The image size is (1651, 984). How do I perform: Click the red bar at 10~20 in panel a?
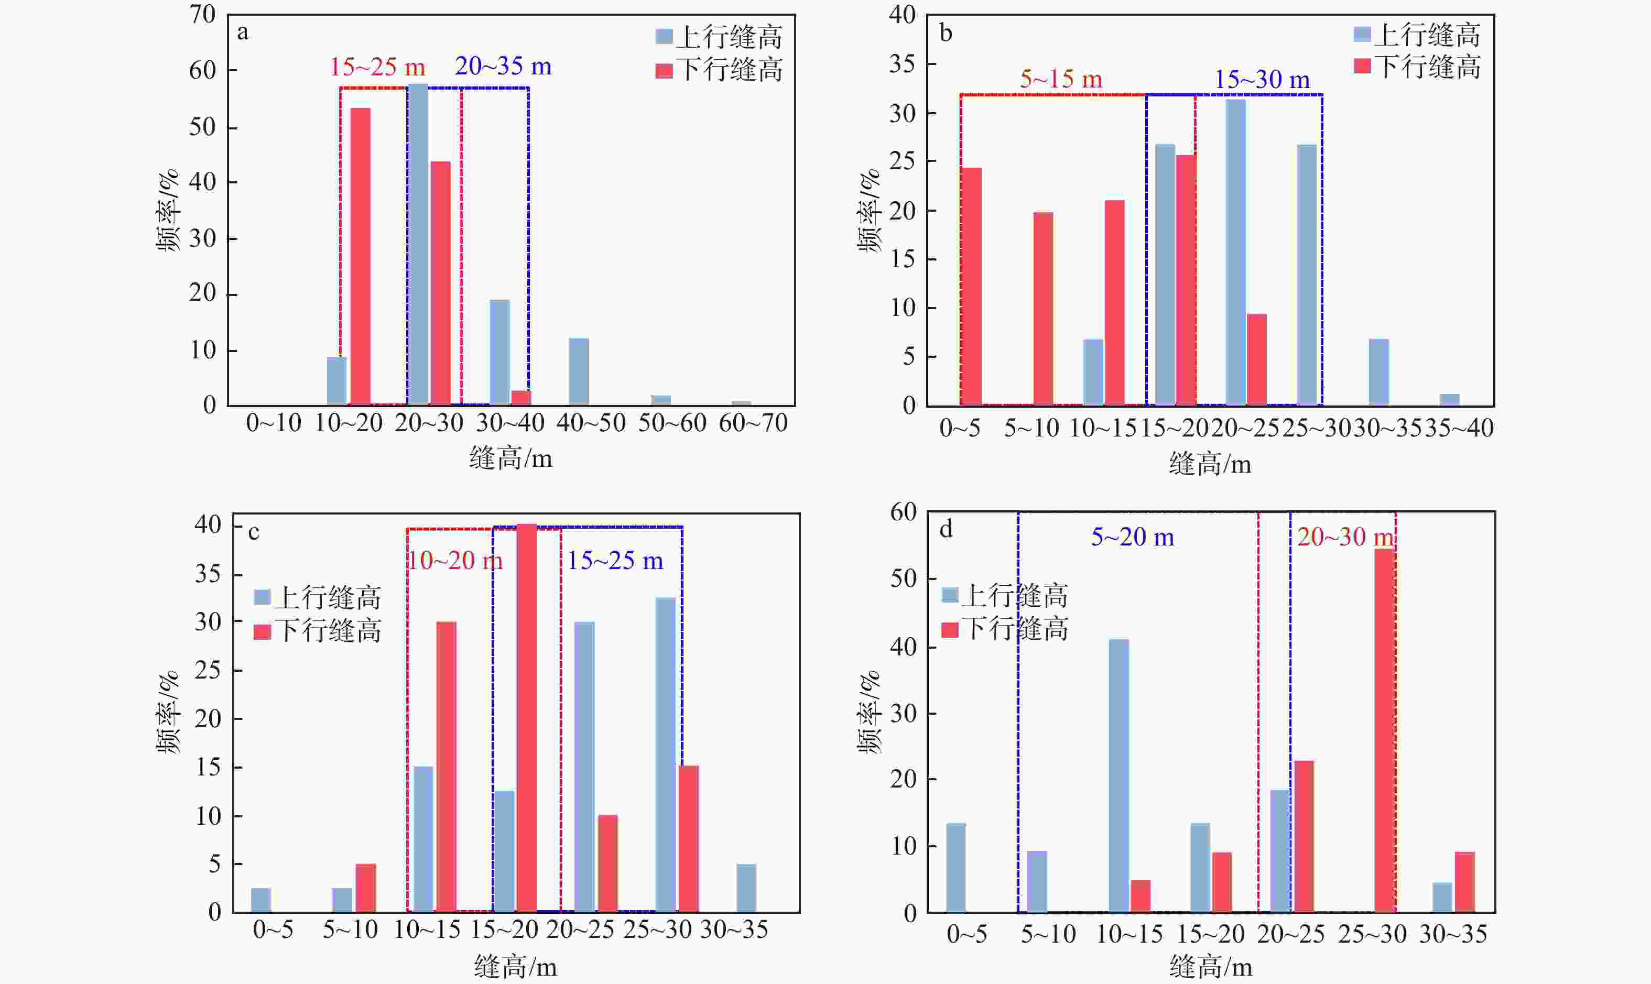(x=360, y=256)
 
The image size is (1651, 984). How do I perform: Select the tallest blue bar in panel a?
(x=418, y=244)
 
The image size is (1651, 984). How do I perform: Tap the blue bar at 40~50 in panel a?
(x=579, y=371)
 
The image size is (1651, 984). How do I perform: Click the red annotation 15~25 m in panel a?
(x=377, y=67)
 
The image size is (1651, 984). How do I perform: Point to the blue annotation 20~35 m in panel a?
(x=503, y=67)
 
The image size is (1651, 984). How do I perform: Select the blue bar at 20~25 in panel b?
(x=1236, y=252)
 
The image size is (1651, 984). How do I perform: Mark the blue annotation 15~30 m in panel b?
(x=1262, y=80)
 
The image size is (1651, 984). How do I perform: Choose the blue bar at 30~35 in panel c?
(x=746, y=888)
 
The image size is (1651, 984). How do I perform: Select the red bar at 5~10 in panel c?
(x=365, y=888)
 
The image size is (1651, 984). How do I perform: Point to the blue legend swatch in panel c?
(x=262, y=597)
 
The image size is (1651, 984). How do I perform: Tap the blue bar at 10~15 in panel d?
(x=1119, y=776)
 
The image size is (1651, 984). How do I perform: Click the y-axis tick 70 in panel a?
(x=202, y=15)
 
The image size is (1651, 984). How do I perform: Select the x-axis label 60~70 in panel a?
(x=753, y=423)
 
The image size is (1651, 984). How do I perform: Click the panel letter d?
(x=946, y=529)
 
